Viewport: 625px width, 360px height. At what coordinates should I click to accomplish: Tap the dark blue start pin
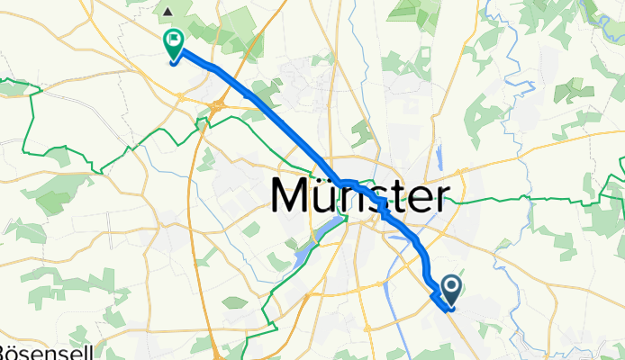[x=451, y=290]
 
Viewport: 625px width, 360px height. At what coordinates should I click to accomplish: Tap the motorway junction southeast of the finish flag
[x=218, y=108]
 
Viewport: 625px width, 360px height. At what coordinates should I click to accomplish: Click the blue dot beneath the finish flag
[x=172, y=61]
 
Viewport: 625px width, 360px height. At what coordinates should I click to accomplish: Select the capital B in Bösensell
[x=5, y=352]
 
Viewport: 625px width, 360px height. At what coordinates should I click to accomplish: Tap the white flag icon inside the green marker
[x=172, y=40]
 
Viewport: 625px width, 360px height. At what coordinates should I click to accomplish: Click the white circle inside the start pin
[x=451, y=286]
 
